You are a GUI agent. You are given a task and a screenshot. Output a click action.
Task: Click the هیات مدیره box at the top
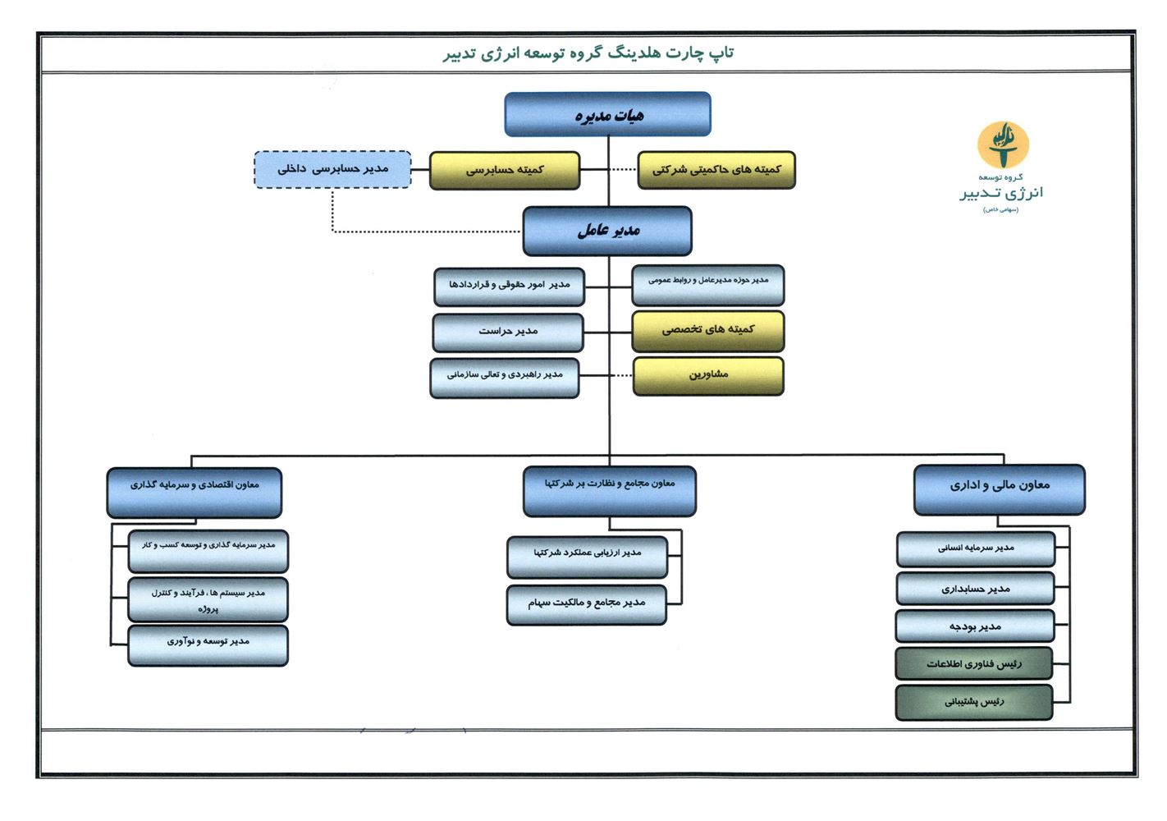point(607,114)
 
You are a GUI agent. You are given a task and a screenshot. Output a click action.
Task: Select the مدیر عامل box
point(607,231)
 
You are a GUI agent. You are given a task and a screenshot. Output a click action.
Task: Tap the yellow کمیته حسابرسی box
point(504,170)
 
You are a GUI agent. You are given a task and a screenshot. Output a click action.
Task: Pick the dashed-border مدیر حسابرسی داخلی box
point(332,169)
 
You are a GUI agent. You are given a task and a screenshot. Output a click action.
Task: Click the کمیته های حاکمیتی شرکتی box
point(716,170)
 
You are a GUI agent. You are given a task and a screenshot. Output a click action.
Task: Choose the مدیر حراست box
point(508,332)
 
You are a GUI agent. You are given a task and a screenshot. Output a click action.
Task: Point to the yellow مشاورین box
point(707,375)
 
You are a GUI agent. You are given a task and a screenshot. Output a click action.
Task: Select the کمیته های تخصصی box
point(707,330)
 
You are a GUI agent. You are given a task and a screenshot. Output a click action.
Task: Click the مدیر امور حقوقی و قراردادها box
point(509,286)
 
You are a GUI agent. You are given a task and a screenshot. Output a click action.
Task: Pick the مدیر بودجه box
point(975,626)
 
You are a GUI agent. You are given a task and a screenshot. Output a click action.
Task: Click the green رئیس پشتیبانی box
point(973,702)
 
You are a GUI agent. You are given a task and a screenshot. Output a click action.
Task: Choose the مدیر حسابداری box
point(975,589)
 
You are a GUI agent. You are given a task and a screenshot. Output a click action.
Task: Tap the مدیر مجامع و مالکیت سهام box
point(586,603)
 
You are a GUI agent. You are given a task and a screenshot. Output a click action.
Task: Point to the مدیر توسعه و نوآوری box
point(208,643)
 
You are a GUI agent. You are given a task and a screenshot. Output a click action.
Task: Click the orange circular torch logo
point(1002,144)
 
